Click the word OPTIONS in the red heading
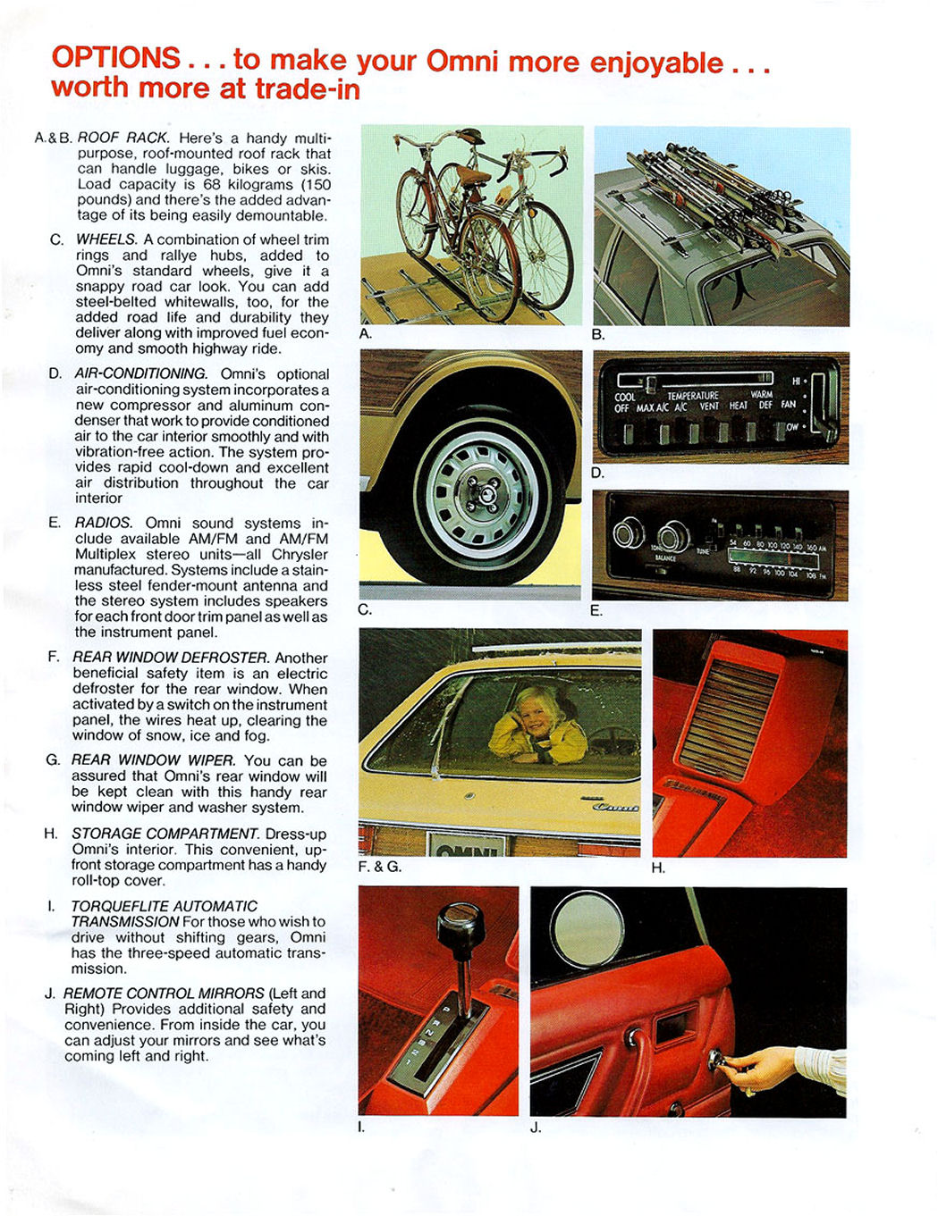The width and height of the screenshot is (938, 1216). coord(116,58)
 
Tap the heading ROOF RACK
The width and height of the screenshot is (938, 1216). coord(123,138)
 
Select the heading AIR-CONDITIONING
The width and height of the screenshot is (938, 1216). coord(140,373)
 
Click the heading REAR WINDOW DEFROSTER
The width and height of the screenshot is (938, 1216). coord(170,658)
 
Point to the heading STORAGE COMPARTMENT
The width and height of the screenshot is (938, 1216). coord(165,834)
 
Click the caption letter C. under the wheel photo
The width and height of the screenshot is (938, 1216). coord(364,610)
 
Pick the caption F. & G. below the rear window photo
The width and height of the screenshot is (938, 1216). coord(379,867)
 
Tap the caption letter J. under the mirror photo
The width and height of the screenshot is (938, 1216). coord(536,1128)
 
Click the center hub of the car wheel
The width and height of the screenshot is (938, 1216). coord(482,490)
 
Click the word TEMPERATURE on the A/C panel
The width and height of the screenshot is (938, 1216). coord(692,396)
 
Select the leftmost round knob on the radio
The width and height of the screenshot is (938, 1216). coord(628,534)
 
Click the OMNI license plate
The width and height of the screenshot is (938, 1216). coord(466,846)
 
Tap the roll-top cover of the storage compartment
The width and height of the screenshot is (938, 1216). coord(726,719)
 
